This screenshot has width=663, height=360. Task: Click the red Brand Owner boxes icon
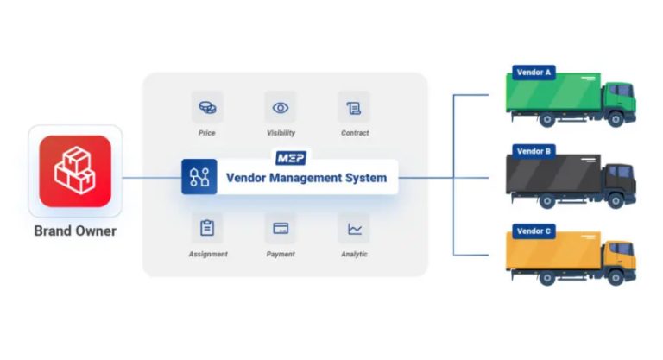tap(74, 170)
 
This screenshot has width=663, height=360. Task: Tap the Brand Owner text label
tap(75, 231)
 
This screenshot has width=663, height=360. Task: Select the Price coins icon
tap(207, 108)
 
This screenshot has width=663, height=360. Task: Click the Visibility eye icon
tap(281, 108)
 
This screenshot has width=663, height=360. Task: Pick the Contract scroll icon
tap(354, 108)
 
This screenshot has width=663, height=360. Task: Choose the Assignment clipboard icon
tap(207, 228)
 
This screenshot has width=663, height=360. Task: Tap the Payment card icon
tap(281, 228)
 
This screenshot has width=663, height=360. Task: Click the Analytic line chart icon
tap(354, 228)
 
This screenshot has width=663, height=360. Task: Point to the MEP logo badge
tap(290, 158)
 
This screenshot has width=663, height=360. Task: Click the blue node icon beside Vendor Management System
tap(199, 177)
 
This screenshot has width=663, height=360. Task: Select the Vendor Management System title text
tap(306, 178)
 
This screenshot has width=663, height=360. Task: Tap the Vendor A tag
tap(534, 73)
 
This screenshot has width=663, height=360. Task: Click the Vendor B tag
tap(534, 151)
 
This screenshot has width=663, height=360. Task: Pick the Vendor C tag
tap(534, 231)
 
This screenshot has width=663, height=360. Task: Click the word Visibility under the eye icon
tap(281, 133)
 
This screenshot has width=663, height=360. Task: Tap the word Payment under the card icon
tap(281, 254)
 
